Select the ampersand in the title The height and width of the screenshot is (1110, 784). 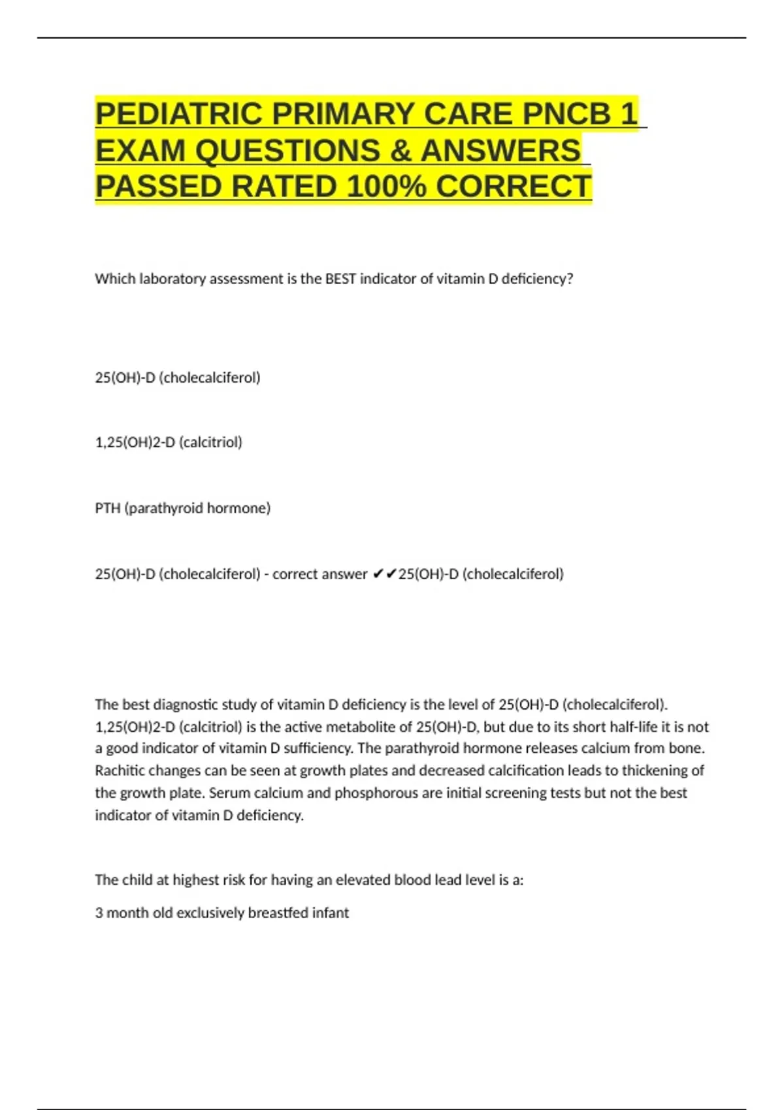click(x=399, y=151)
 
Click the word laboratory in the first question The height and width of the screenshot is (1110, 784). click(x=172, y=279)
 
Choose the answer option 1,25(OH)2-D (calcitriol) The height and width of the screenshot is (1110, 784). click(x=169, y=442)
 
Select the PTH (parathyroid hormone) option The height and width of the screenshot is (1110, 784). click(x=182, y=508)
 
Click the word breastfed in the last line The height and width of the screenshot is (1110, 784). click(x=278, y=913)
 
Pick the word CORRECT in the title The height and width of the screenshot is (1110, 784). click(x=514, y=187)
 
